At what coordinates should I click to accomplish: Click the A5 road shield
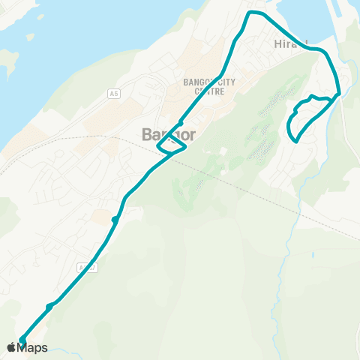[x=113, y=93]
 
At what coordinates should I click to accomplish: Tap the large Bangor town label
[x=169, y=135]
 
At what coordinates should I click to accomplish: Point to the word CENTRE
[x=209, y=91]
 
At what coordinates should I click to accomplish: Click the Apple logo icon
[x=12, y=346]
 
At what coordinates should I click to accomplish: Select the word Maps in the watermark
[x=33, y=346]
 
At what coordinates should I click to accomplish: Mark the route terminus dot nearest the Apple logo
[x=22, y=340]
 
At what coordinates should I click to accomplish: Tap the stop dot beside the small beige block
[x=115, y=219]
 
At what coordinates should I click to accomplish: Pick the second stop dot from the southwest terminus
[x=49, y=307]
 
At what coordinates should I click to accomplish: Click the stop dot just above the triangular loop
[x=181, y=124]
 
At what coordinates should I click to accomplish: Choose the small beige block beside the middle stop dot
[x=102, y=217]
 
